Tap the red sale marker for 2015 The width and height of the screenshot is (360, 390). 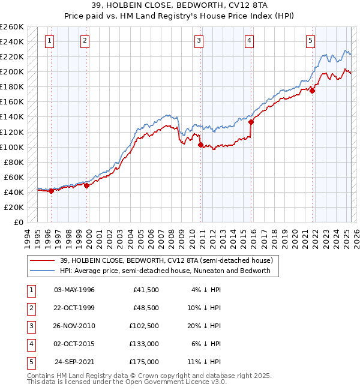251,122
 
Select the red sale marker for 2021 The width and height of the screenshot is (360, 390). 313,91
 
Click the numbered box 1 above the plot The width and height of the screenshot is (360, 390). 49,41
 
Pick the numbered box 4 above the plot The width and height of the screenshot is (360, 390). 248,41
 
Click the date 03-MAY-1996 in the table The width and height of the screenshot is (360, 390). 74,290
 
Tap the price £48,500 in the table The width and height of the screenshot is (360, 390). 145,308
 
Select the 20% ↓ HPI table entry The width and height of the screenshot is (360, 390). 203,326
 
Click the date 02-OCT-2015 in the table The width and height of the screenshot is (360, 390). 74,344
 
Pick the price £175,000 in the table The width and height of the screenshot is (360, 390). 144,362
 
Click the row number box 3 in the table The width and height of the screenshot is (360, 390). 29,326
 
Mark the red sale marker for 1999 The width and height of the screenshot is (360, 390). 86,185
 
